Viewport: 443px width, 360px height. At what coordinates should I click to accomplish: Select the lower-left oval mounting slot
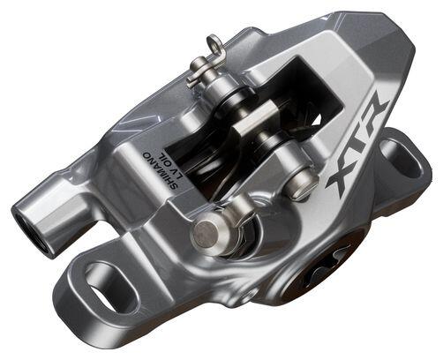(112, 287)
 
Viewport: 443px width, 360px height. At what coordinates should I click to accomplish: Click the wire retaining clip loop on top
(214, 44)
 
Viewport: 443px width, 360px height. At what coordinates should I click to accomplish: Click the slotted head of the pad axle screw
(304, 184)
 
